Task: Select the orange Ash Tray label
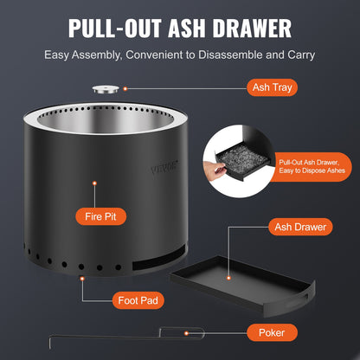pos(273,87)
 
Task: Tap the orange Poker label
pos(271,331)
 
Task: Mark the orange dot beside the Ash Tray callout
pos(125,87)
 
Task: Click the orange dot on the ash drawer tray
pos(228,279)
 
